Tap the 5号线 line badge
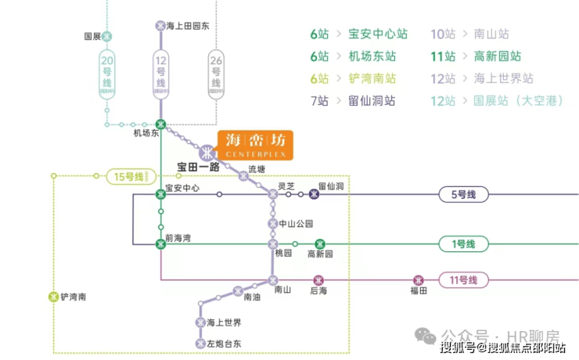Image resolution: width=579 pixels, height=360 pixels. tap(463, 194)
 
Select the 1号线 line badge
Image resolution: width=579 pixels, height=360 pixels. tap(463, 244)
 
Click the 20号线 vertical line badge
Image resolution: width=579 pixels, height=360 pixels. tap(108, 72)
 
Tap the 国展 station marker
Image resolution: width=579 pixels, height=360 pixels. tap(107, 36)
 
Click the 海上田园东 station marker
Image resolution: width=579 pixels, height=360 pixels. tap(161, 25)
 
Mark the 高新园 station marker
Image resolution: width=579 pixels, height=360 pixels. tap(319, 244)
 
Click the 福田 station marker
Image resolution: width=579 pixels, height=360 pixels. tap(419, 279)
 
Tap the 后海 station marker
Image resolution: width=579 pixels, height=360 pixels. tap(318, 279)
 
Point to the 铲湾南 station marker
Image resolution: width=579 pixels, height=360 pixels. tap(53, 297)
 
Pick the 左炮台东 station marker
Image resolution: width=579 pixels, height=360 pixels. tap(200, 343)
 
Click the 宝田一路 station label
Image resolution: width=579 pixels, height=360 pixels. tap(197, 167)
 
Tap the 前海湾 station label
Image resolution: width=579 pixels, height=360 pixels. tap(178, 237)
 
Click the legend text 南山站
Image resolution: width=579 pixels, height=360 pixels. tap(491, 34)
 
